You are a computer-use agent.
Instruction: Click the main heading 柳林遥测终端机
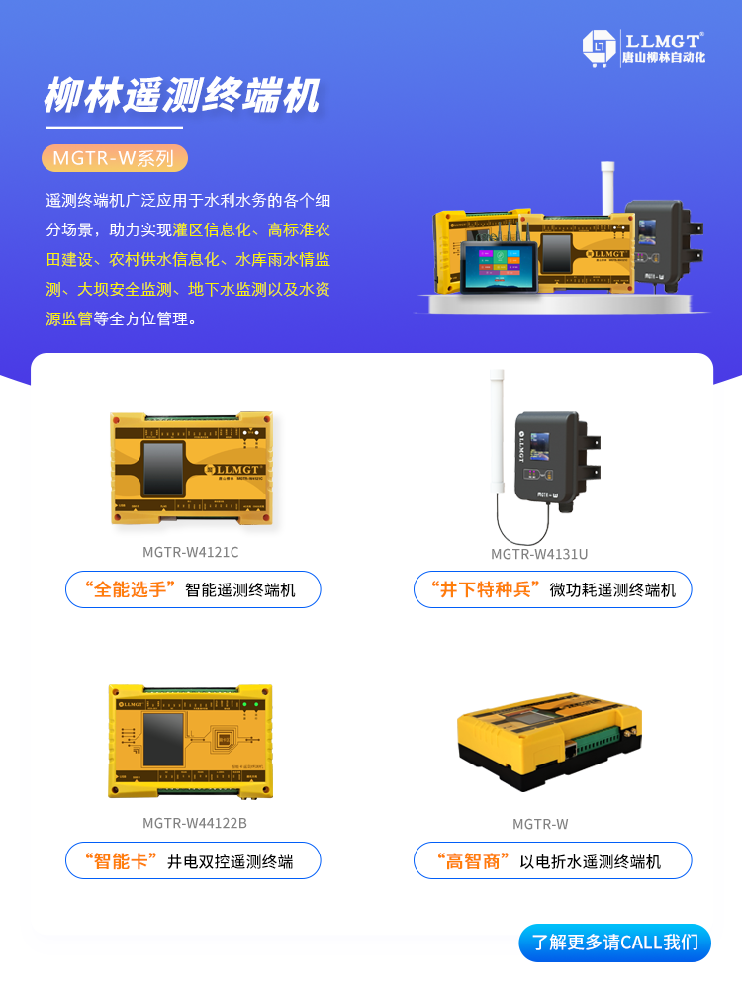click(x=182, y=97)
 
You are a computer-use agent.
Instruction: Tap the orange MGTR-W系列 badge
click(x=114, y=158)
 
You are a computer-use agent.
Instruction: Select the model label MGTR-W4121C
click(x=191, y=552)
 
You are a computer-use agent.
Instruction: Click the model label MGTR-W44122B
click(x=195, y=823)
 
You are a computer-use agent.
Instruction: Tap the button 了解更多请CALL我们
click(x=614, y=943)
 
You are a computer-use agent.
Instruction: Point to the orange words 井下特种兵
click(x=485, y=589)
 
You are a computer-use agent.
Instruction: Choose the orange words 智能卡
click(x=122, y=860)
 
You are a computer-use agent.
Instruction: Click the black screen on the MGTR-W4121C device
click(x=163, y=469)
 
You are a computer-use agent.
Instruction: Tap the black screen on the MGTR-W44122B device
click(x=164, y=737)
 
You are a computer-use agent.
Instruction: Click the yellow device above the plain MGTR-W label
click(x=552, y=739)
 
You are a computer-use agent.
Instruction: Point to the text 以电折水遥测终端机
click(x=591, y=861)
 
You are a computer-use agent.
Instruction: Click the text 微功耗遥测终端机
click(x=612, y=590)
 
